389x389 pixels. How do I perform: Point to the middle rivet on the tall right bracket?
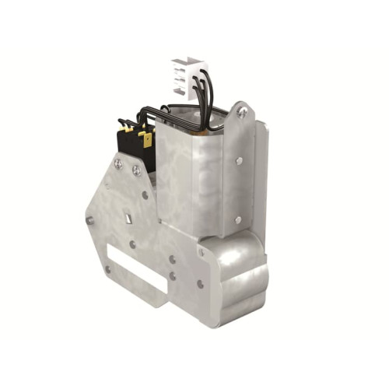(238, 161)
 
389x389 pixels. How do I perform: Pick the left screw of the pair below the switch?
(118, 164)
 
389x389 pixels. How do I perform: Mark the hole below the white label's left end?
(108, 269)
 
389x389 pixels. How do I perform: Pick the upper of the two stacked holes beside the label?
(172, 259)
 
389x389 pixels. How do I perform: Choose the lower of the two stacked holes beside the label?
(172, 275)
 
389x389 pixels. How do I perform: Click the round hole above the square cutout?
(145, 194)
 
